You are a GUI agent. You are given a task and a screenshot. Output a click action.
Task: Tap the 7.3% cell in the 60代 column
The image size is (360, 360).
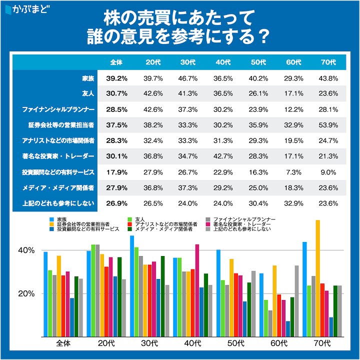293,172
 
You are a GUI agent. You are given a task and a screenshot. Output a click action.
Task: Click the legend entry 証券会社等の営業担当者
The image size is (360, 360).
83,224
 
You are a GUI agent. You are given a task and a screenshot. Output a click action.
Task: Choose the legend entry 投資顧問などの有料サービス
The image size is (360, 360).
87,228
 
